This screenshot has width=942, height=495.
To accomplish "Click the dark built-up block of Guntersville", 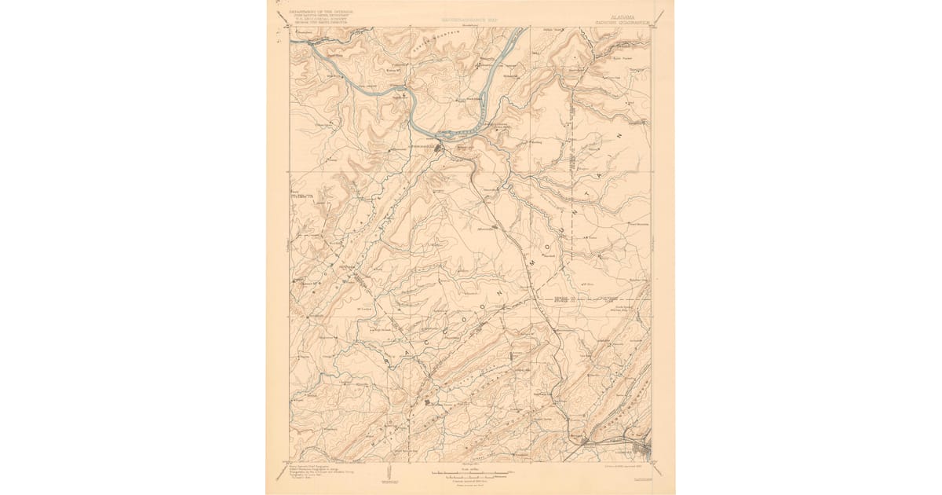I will point(441,146).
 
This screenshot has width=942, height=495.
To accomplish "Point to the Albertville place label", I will point(487,229).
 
